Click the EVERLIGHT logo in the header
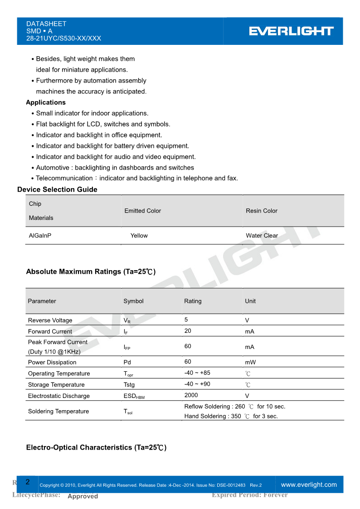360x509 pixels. click(291, 31)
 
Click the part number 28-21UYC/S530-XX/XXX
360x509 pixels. click(63, 39)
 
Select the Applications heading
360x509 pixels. click(46, 102)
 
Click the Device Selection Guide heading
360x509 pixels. click(57, 189)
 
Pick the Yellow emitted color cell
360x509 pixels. click(139, 236)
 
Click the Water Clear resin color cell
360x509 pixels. click(262, 236)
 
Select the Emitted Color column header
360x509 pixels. click(142, 211)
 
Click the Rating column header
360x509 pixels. click(193, 301)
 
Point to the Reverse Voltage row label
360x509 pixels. click(50, 320)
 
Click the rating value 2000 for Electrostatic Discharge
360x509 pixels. click(191, 395)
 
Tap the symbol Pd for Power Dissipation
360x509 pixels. click(127, 363)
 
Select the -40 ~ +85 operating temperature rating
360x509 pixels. click(197, 373)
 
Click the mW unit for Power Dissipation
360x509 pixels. click(250, 363)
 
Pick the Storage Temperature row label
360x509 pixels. click(56, 385)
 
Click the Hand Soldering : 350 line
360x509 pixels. click(231, 416)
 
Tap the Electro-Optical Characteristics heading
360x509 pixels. click(96, 448)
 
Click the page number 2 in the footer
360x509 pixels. click(27, 482)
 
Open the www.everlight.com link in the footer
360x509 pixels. click(309, 485)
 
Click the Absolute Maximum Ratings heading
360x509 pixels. click(91, 272)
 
